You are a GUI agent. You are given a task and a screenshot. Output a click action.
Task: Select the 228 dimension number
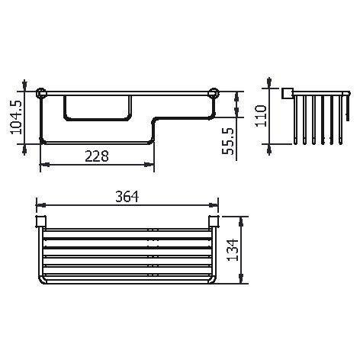point(95,156)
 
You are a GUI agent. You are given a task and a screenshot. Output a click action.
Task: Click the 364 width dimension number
point(127,195)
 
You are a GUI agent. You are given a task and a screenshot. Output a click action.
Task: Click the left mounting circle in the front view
point(43,95)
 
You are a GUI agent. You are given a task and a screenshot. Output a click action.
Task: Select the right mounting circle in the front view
point(214,95)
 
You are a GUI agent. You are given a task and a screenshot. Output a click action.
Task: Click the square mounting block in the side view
point(288,94)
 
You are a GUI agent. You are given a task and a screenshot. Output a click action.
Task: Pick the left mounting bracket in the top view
point(43,223)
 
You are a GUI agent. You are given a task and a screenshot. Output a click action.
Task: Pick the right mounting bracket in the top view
point(214,223)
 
